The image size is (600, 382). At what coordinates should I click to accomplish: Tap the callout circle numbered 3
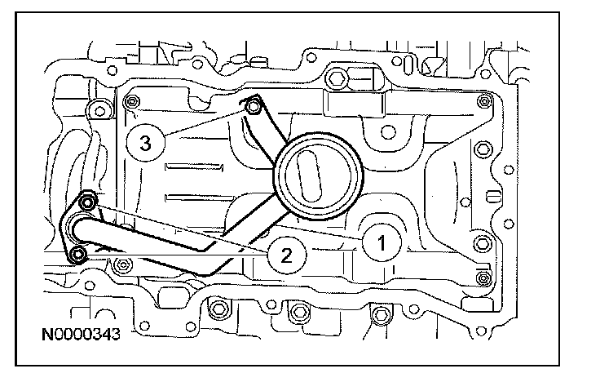[x=144, y=144]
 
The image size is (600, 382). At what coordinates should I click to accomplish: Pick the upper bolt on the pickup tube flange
[x=87, y=201]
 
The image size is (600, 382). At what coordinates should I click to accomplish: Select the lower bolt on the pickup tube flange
[x=77, y=255]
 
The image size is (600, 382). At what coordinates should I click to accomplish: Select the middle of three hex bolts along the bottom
[x=298, y=311]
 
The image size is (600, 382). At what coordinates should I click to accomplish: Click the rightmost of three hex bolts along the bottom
[x=378, y=313]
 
